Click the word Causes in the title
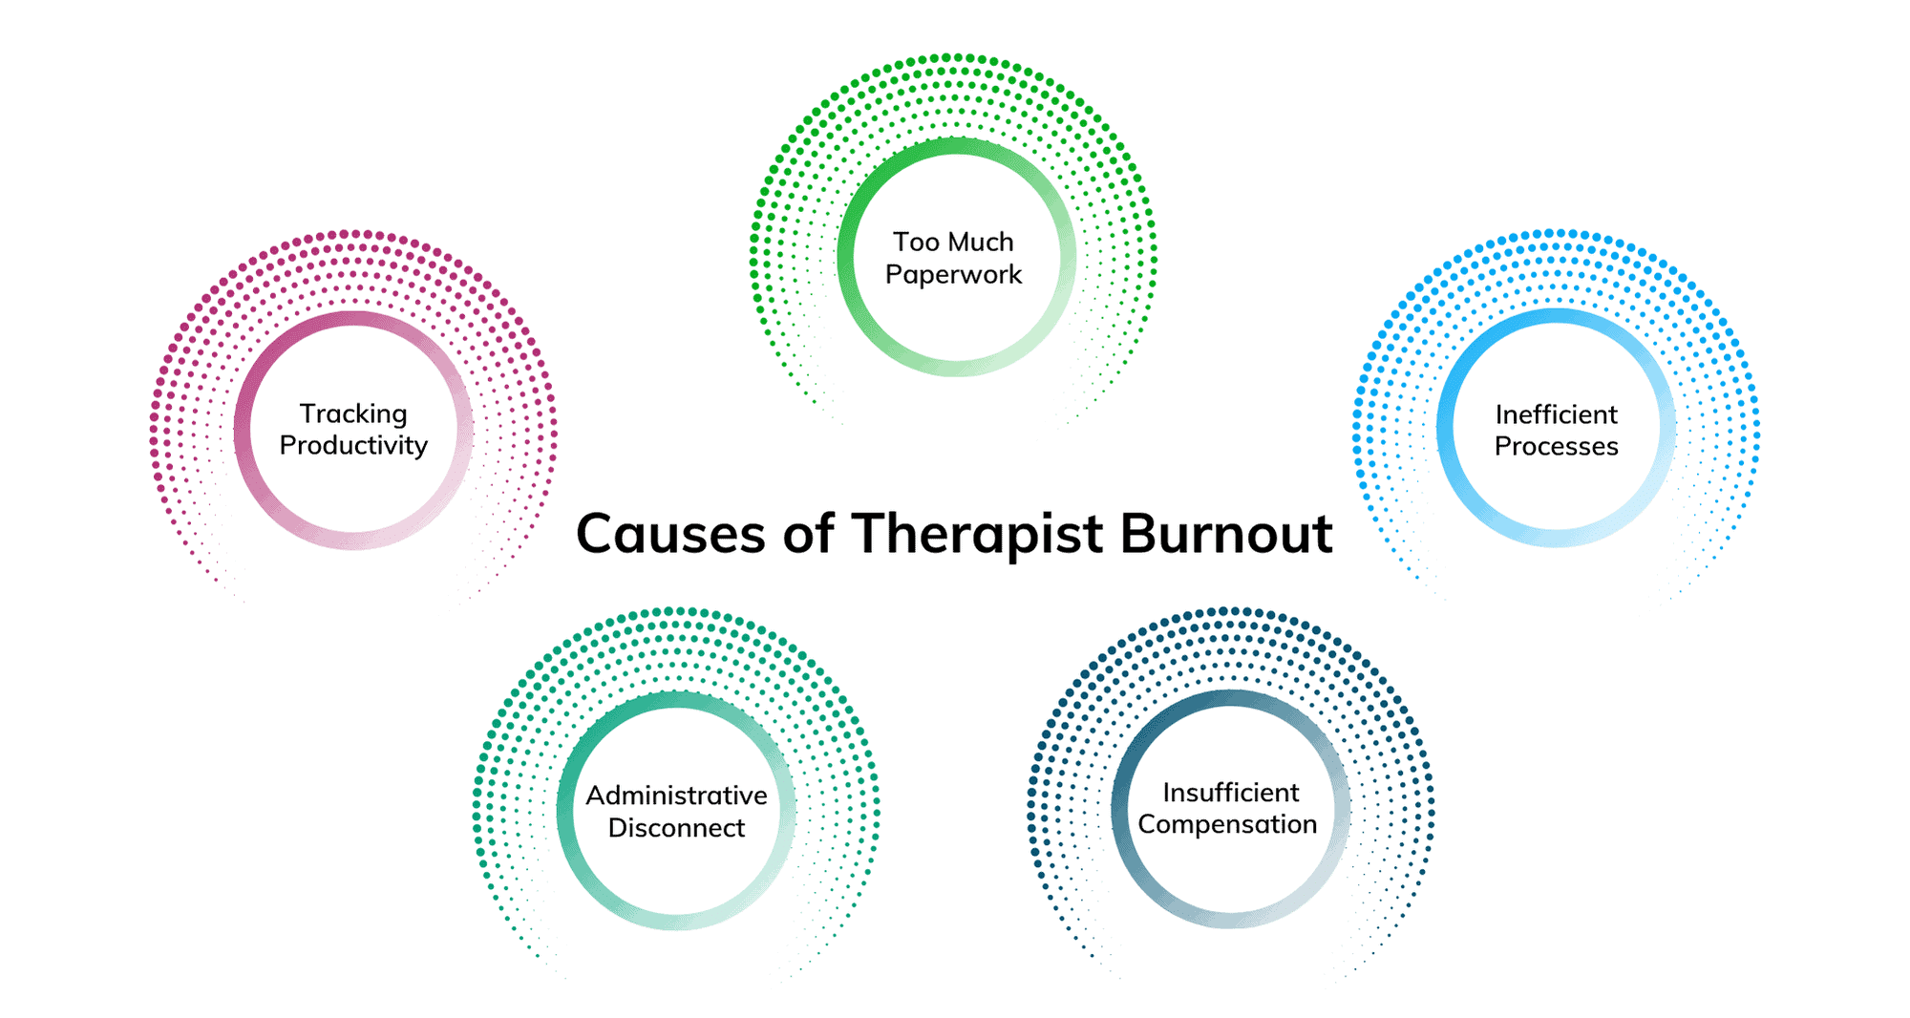point(670,534)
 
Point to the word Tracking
point(353,414)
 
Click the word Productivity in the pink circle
point(353,446)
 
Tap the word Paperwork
point(953,275)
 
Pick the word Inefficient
point(1557,414)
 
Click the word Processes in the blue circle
point(1557,446)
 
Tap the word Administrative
point(676,795)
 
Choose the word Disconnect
point(676,828)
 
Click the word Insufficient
point(1231,793)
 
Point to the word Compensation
point(1228,824)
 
